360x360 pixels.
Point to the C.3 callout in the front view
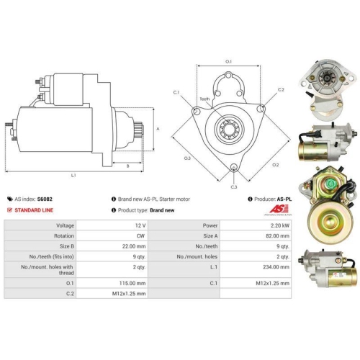234,186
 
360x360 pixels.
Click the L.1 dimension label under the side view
73,176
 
